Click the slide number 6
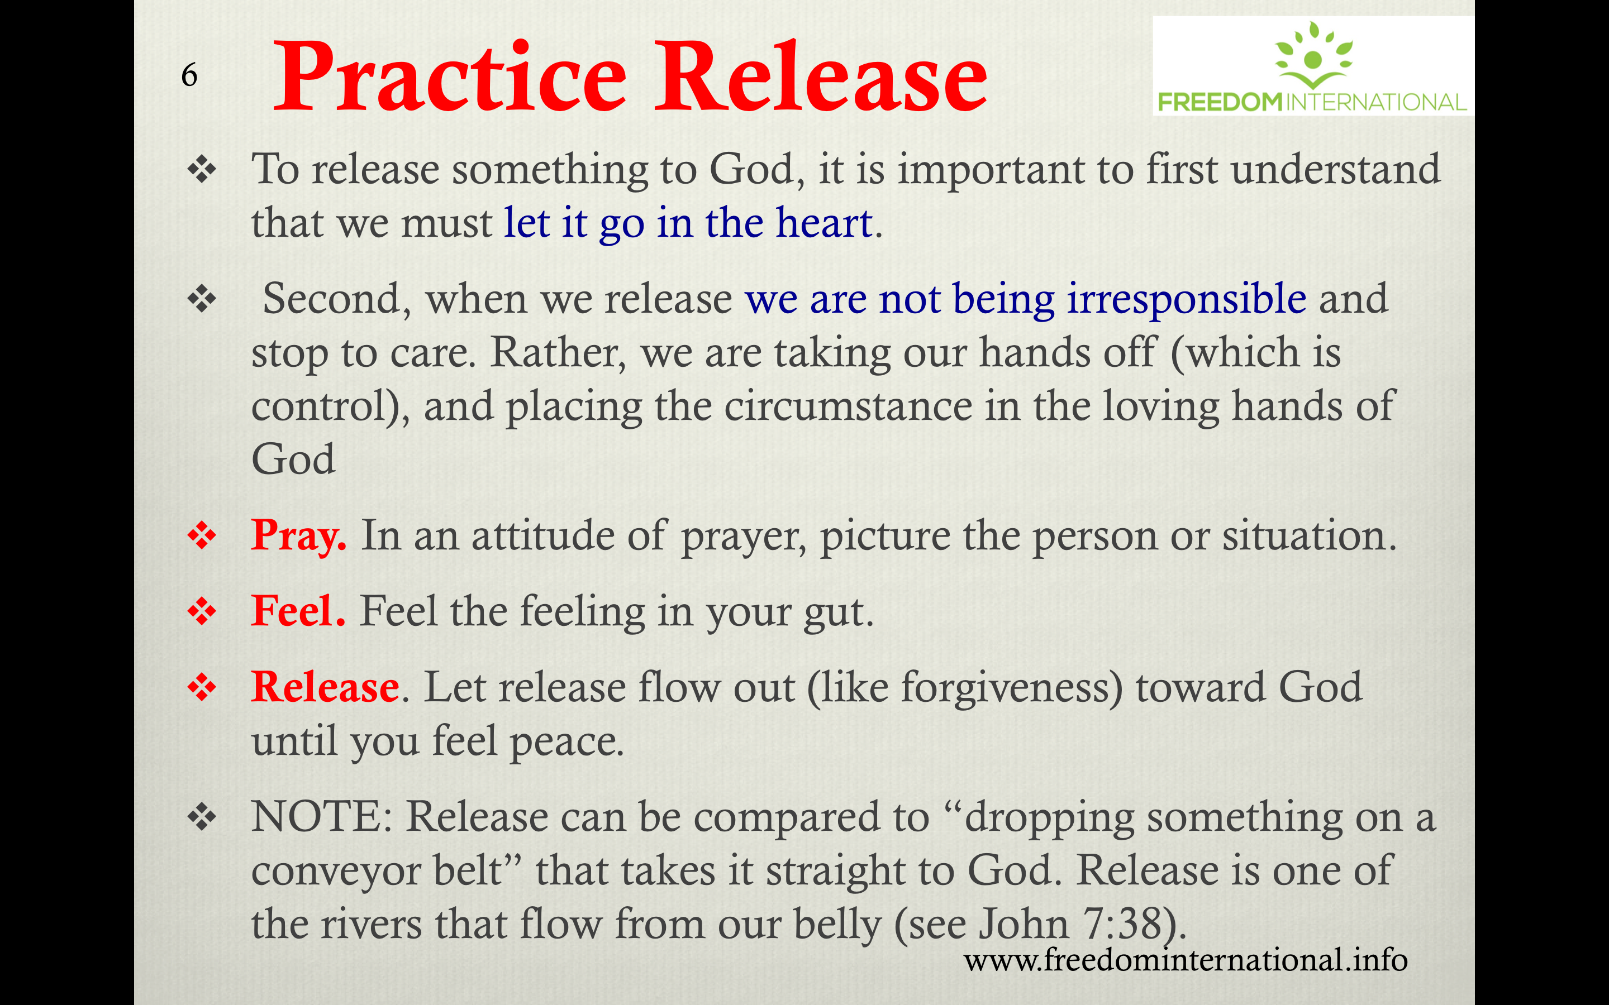[189, 75]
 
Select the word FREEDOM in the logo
[1220, 102]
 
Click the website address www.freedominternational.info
[1186, 960]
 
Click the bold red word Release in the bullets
[325, 687]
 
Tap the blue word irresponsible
[1187, 300]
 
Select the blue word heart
[825, 222]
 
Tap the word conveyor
[336, 872]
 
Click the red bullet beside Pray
[202, 536]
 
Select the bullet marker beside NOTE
[202, 817]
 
